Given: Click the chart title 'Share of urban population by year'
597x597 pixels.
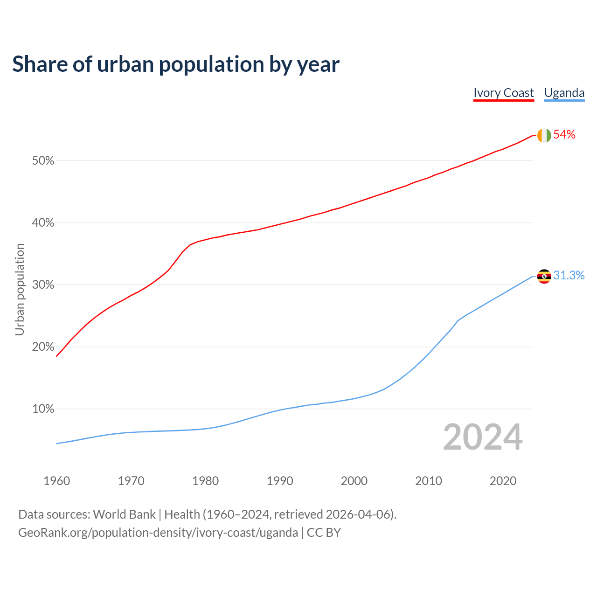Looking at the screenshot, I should point(175,64).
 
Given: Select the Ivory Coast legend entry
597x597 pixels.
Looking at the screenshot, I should point(503,93).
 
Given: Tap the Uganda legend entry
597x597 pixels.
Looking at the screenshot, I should point(564,93).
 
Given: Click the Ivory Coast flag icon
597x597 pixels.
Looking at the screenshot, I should point(544,135).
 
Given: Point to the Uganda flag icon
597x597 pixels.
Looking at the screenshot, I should point(544,276).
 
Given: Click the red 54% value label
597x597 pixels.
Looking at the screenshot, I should point(564,135).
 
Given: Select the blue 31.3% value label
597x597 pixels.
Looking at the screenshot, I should point(569,276).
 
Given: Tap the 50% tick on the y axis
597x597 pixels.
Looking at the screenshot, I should point(43,161).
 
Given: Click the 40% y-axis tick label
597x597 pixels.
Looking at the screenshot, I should point(43,223).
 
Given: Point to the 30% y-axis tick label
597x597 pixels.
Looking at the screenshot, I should point(43,285).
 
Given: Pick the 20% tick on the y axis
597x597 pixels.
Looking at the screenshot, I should point(43,347).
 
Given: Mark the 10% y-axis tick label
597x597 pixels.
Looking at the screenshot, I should point(43,409).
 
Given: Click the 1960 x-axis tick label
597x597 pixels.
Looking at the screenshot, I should point(56,481).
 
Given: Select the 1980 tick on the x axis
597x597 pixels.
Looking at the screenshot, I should point(205,481).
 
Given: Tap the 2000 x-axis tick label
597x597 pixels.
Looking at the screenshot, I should point(354,481).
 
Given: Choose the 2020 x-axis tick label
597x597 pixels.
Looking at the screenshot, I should point(503,481).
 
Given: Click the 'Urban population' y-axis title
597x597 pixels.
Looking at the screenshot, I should point(20,289).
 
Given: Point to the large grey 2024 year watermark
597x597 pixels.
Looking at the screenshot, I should point(483,437).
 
